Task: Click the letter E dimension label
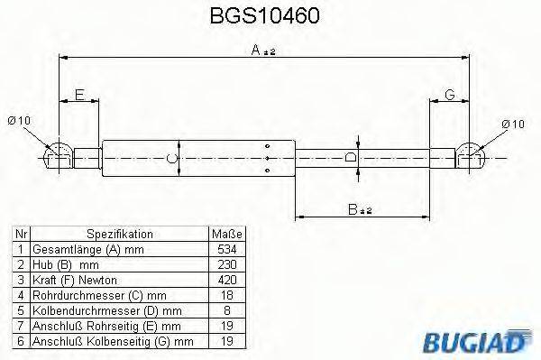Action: (78, 95)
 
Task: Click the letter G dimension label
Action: (449, 95)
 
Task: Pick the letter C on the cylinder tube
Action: (175, 159)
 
